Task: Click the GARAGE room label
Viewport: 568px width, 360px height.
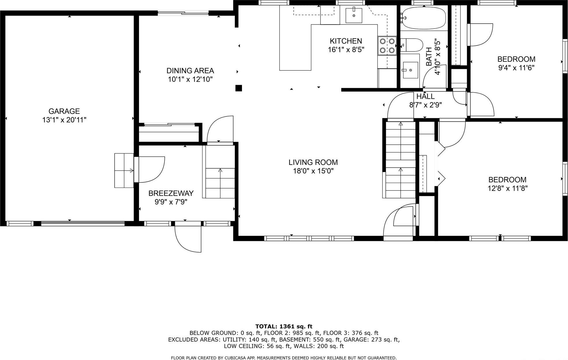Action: click(64, 111)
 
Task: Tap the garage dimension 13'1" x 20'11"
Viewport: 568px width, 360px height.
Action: click(64, 120)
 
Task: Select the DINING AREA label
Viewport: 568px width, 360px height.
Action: click(190, 71)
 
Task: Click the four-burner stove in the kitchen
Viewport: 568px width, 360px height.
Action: click(387, 46)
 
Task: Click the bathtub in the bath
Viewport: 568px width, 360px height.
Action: click(423, 18)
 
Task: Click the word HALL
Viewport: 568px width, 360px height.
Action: click(425, 96)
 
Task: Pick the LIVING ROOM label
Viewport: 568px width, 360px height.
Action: click(313, 162)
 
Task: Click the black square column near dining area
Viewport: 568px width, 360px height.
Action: click(239, 88)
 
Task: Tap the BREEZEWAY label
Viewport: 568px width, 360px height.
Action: click(171, 193)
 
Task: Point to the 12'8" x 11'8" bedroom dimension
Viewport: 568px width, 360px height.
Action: click(507, 189)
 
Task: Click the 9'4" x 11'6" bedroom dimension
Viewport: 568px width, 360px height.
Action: click(516, 68)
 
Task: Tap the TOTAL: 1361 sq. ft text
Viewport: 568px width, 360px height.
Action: click(284, 327)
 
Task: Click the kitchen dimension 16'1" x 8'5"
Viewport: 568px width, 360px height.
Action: click(346, 50)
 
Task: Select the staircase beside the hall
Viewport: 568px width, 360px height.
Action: click(400, 160)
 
